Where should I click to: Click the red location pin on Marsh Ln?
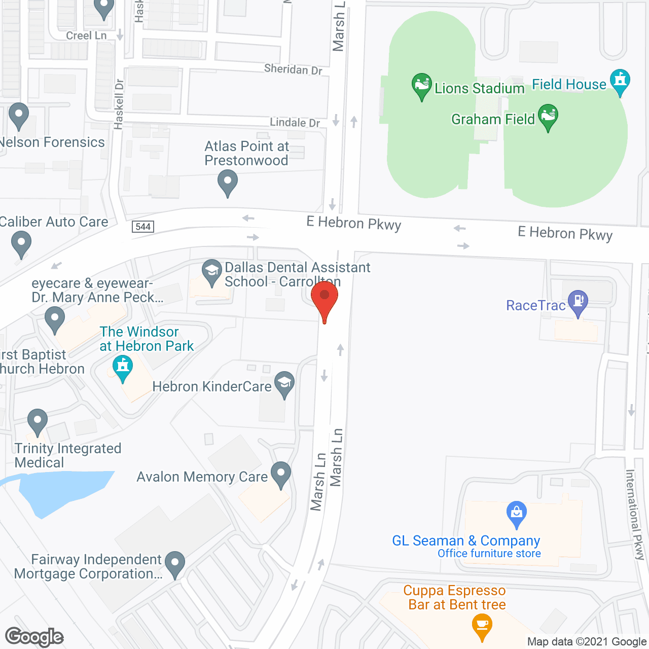point(324,296)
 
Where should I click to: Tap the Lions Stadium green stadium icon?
point(421,85)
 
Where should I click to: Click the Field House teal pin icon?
point(620,81)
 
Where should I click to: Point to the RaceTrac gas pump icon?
point(578,302)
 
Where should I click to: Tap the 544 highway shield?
point(143,227)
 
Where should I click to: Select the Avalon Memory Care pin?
point(281,474)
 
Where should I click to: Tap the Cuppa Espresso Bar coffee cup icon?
point(482,625)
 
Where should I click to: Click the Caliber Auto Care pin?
point(21,243)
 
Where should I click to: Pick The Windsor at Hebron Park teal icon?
point(122,367)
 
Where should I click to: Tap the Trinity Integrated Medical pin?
point(37,421)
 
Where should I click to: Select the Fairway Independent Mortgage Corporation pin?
point(175,563)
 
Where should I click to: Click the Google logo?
point(34,637)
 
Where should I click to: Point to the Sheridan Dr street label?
point(293,69)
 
